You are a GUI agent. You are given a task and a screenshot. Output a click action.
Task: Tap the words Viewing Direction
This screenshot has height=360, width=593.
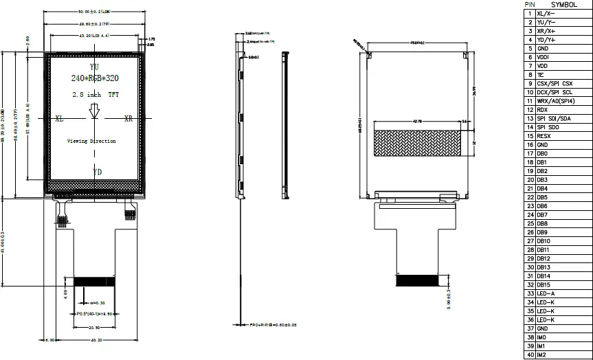pyautogui.click(x=91, y=141)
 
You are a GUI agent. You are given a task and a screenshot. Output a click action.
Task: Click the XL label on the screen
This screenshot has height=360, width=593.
pyautogui.click(x=60, y=118)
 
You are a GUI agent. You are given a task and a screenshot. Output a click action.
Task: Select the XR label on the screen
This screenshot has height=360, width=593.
pyautogui.click(x=128, y=118)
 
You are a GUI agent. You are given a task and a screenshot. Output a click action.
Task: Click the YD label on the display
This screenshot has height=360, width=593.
pyautogui.click(x=97, y=171)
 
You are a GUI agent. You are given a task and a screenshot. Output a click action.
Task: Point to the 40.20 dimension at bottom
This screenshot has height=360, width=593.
pyautogui.click(x=96, y=339)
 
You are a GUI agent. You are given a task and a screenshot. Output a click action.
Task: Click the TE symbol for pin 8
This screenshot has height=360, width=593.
pyautogui.click(x=541, y=75)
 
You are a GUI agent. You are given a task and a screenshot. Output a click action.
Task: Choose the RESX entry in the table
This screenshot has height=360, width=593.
pyautogui.click(x=544, y=136)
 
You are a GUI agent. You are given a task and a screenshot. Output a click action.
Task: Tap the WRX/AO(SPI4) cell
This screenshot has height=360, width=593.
pyautogui.click(x=555, y=101)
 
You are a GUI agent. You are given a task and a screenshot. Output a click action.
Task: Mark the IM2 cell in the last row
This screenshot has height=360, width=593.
pyautogui.click(x=542, y=355)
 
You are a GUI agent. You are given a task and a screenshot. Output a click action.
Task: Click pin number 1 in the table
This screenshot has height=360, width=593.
pyautogui.click(x=529, y=14)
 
